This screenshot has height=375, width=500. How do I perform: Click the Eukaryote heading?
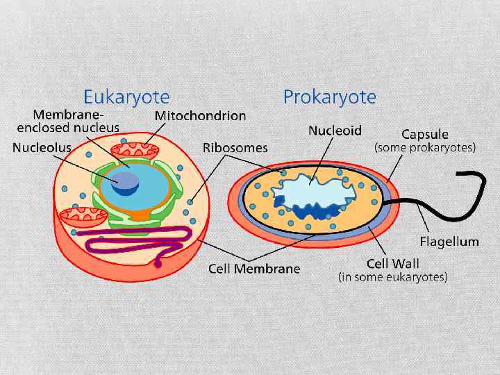(126, 96)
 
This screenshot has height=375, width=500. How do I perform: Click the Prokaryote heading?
(329, 97)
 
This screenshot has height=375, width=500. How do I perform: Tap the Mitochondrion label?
(200, 115)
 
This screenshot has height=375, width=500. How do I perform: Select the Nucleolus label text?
(42, 147)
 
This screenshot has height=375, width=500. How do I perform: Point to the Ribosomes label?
(235, 147)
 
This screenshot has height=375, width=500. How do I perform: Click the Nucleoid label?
(335, 130)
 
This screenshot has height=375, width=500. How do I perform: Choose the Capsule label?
(425, 134)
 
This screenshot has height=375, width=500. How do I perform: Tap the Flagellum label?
(449, 242)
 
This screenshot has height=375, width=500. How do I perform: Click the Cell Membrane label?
(254, 269)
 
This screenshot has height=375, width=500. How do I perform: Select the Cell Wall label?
(392, 264)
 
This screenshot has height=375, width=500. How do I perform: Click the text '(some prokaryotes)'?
(425, 147)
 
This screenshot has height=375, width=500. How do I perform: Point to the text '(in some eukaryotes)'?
(392, 276)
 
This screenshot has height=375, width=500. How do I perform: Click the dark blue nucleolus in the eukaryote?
(127, 182)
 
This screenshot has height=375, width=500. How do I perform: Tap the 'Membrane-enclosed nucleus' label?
(68, 121)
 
